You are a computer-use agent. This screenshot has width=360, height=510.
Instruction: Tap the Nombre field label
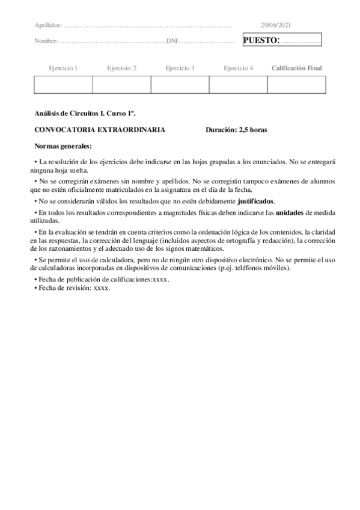tap(46, 41)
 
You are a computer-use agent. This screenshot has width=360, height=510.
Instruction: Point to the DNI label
tap(172, 41)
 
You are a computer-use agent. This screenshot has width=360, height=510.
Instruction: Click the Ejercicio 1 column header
tap(63, 69)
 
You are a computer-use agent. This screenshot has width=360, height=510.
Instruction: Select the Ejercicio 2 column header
tap(121, 69)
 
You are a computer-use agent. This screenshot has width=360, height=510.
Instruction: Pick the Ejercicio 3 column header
tap(180, 69)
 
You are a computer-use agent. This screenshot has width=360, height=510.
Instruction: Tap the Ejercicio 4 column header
tap(238, 69)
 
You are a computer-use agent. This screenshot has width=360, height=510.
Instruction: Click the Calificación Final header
tap(296, 69)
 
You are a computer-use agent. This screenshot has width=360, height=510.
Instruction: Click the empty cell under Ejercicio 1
tap(63, 85)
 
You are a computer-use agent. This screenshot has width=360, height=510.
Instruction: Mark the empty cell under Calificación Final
tap(296, 85)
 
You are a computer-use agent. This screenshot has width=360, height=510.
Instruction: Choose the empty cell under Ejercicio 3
tap(180, 85)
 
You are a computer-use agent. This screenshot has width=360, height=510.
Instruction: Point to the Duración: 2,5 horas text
tap(236, 129)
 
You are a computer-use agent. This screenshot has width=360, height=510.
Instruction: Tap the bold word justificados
tap(256, 201)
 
